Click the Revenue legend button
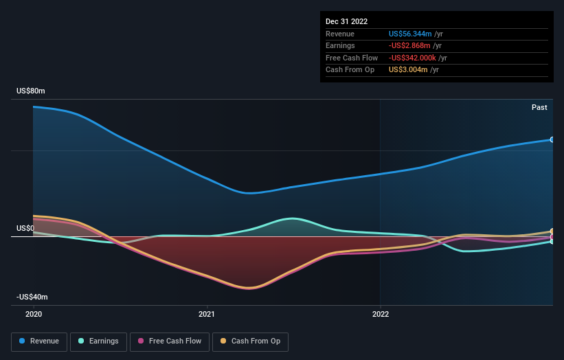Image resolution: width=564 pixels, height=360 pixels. (39, 341)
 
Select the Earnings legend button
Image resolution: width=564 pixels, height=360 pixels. (98, 341)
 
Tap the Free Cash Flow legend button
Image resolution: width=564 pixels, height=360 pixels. (170, 341)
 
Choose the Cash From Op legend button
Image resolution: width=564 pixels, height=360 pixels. (250, 341)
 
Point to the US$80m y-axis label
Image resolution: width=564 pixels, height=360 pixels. (31, 91)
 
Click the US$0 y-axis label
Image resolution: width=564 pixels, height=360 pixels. (26, 228)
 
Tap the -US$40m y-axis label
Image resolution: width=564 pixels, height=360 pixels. (32, 297)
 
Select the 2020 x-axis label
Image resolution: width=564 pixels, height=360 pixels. (34, 314)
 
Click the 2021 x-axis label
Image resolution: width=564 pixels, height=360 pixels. (207, 314)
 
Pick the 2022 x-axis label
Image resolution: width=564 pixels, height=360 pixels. (380, 314)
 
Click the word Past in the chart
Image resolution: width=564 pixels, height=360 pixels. (539, 107)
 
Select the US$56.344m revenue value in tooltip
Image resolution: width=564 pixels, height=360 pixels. (410, 34)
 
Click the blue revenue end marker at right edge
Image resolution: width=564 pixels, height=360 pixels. (552, 139)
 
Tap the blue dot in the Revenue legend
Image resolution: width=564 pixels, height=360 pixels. (22, 341)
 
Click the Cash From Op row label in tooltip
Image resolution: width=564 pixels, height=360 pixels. (350, 70)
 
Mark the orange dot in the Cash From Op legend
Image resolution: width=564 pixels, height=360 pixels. (223, 341)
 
